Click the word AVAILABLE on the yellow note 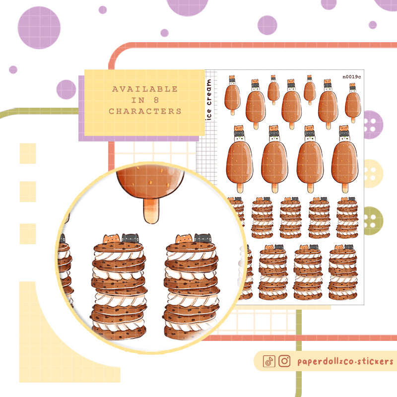(145, 89)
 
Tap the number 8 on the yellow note (156, 100)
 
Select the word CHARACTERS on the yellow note (145, 111)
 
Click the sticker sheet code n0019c (352, 77)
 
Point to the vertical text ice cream (208, 99)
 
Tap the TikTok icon (269, 361)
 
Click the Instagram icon (284, 361)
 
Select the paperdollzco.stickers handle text (345, 362)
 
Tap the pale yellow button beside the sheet (373, 173)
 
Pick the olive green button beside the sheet (373, 221)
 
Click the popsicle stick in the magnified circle (151, 210)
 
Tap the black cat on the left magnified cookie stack (131, 238)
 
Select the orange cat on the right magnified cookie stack (184, 239)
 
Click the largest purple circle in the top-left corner (39, 28)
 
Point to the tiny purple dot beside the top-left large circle (103, 10)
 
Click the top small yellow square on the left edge (28, 153)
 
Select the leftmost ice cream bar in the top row (232, 95)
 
